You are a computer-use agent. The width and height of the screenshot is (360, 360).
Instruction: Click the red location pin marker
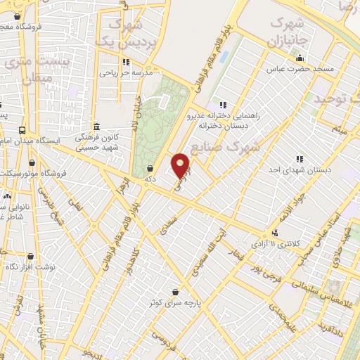pyautogui.click(x=181, y=165)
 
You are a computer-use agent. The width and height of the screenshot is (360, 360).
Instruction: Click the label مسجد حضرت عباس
pyautogui.click(x=298, y=70)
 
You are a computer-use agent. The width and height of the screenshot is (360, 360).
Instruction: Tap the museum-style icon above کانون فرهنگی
pyautogui.click(x=96, y=127)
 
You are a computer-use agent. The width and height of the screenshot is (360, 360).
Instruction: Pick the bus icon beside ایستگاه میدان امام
pyautogui.click(x=22, y=130)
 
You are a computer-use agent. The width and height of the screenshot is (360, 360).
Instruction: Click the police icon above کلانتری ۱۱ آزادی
pyautogui.click(x=275, y=233)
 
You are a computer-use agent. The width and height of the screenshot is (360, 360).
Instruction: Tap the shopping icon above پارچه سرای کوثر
pyautogui.click(x=174, y=291)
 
